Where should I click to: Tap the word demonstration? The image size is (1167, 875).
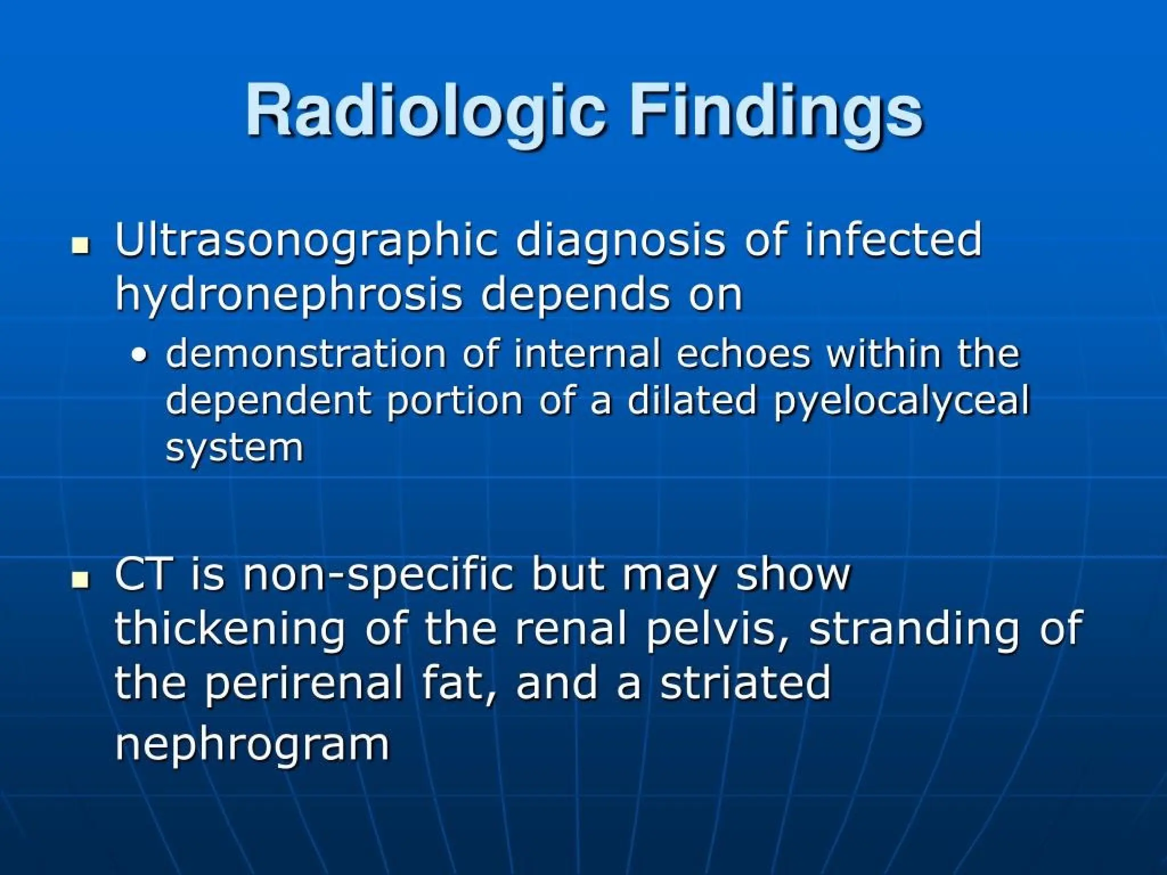[x=305, y=354]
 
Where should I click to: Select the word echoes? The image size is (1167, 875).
[x=743, y=354]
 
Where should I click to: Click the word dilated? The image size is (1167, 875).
[x=692, y=400]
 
